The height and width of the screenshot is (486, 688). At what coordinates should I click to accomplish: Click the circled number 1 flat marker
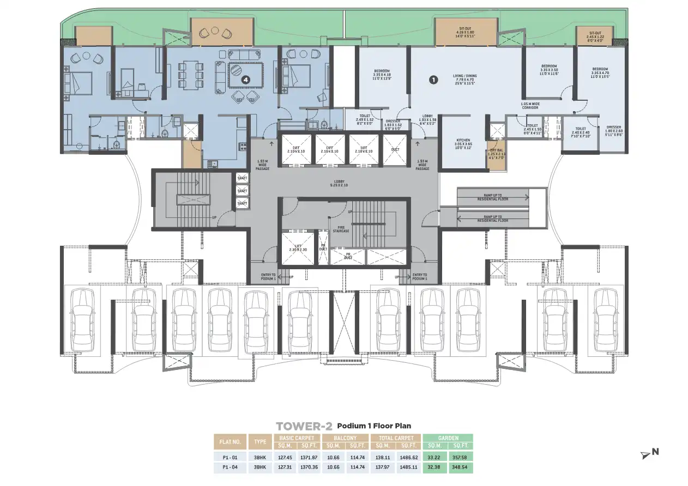tap(433, 80)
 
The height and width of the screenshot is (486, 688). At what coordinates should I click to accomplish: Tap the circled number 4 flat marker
tap(246, 80)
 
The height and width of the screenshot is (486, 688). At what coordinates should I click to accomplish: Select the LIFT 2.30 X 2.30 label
tap(297, 248)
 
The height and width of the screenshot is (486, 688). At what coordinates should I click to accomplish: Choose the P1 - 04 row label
tap(230, 467)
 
